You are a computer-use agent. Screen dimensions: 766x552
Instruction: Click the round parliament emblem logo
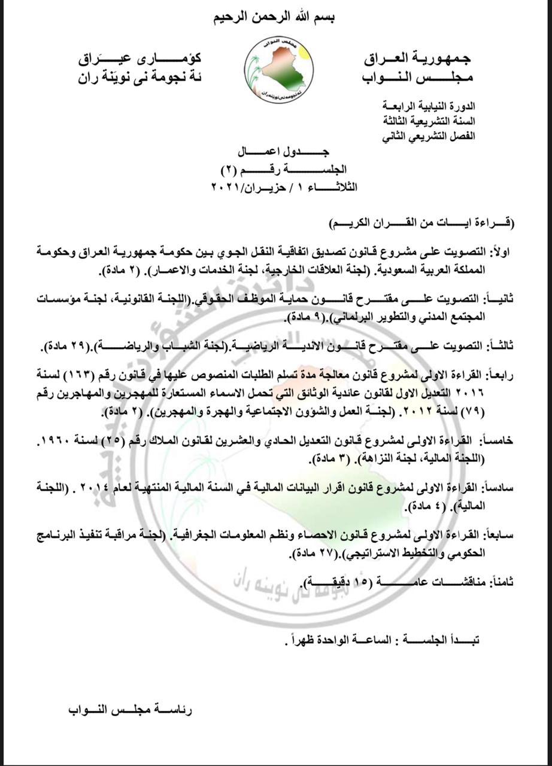click(278, 68)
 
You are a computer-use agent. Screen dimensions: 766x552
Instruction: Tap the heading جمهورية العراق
click(418, 59)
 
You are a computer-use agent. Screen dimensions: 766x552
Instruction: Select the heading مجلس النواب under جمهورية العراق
click(418, 78)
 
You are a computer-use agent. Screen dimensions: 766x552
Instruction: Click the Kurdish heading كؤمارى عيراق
click(140, 59)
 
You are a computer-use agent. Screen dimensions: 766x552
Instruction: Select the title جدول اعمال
click(284, 153)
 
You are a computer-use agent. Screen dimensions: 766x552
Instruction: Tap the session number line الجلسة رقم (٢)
click(284, 169)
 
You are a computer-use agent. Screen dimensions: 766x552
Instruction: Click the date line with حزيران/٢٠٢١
click(284, 187)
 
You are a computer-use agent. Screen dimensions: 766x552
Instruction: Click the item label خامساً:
click(498, 440)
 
